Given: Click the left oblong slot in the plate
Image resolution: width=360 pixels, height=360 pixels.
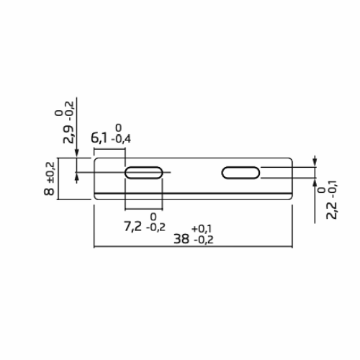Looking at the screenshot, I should (143, 172).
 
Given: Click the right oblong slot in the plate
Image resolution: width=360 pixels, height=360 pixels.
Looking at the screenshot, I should (240, 172).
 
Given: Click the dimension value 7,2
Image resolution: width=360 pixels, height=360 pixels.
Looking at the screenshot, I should (132, 226).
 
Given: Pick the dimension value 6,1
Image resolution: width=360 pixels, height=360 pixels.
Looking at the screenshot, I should (99, 137).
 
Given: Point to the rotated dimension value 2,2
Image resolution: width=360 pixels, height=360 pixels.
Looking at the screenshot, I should (332, 210).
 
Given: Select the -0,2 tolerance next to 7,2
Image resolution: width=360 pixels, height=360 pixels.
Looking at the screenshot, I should (154, 227).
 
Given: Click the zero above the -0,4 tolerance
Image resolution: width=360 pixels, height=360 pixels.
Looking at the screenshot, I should (118, 127).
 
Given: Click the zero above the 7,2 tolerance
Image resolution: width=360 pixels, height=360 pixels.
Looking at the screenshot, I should (153, 216).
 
